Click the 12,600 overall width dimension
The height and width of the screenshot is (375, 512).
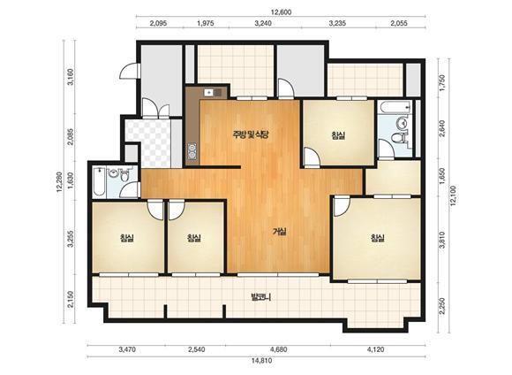coord(281,12)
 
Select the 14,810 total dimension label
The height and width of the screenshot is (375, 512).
coord(261,361)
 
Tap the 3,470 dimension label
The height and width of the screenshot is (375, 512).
coord(127,349)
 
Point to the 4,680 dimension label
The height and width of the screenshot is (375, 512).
coord(279,349)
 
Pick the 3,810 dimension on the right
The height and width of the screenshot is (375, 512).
coord(442,240)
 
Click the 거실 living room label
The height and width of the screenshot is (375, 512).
coord(280,232)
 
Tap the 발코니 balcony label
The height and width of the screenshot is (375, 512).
coord(261,297)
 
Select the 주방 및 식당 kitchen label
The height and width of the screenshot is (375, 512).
coord(251,134)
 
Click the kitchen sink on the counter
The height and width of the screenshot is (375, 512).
coord(209,93)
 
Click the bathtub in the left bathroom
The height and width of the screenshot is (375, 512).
coord(98,181)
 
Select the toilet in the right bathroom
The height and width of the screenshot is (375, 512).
coord(398,138)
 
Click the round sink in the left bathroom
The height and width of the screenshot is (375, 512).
coord(113,172)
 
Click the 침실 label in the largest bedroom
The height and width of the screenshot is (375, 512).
coord(377,238)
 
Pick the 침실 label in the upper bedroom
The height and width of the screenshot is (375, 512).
coord(339,134)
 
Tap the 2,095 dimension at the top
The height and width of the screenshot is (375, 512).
coord(158,23)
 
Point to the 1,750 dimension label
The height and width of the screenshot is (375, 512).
coord(442,83)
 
